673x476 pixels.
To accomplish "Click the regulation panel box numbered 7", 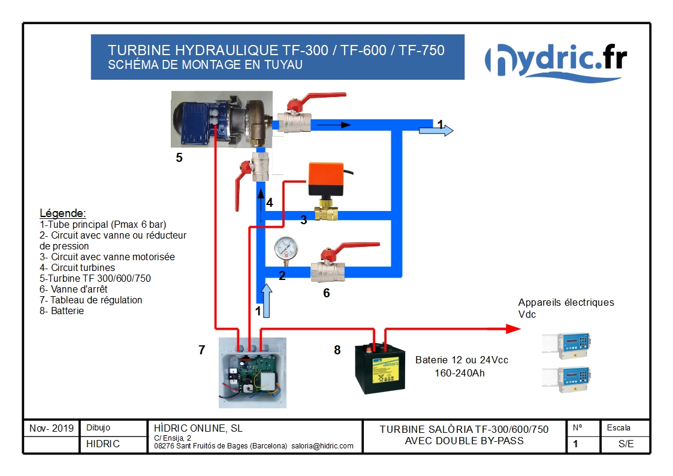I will pos(252,373).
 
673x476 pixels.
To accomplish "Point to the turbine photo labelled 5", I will pos(222,119).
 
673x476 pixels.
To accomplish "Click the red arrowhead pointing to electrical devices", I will pos(512,329).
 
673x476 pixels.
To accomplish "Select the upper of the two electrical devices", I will pos(567,344).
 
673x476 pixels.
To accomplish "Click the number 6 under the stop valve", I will pos(327,293).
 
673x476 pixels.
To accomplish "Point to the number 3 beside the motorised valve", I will pos(304,220).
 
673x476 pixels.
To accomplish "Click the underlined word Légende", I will pos(63,213).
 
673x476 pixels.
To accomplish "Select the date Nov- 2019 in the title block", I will pos(52,429).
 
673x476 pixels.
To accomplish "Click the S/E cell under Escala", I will pos(626,444).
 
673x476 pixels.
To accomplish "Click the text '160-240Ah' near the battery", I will pos(459,373).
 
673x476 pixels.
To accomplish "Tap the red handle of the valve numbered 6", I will pos(354,247).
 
